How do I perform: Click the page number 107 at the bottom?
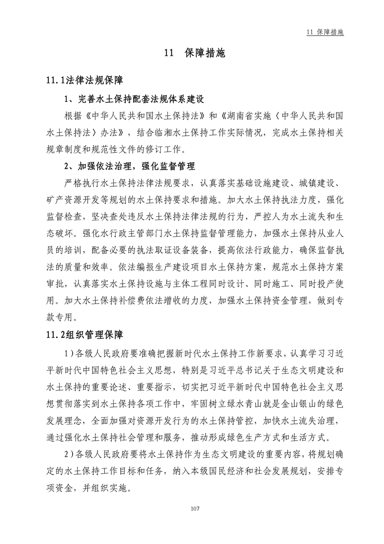click(192, 509)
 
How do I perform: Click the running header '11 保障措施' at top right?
click(325, 32)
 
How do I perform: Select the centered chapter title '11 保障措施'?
click(192, 54)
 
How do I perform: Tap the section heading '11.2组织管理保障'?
click(85, 335)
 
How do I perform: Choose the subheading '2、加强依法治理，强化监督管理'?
click(130, 166)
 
